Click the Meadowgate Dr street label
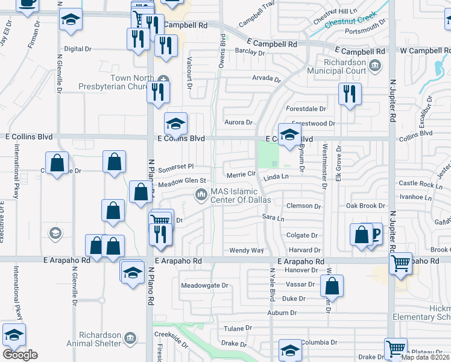pos(206,285)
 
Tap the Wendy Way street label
pos(247,250)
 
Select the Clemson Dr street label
pos(304,206)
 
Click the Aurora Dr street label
pos(238,122)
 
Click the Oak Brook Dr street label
pos(365,206)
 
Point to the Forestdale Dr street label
pos(306,109)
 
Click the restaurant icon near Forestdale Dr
pos(350,93)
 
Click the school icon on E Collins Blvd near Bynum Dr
pos(289,134)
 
